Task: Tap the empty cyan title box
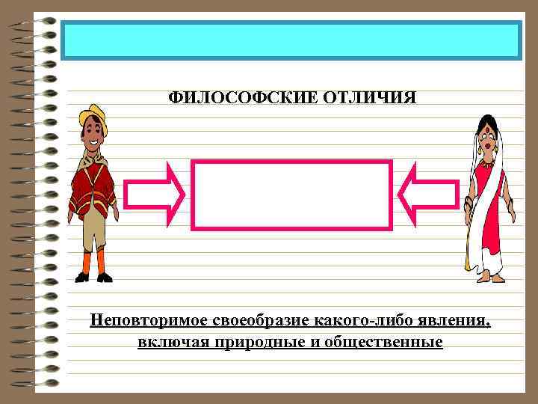pyautogui.click(x=291, y=40)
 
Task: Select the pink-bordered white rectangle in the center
pyautogui.click(x=291, y=195)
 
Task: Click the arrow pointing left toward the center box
pyautogui.click(x=429, y=195)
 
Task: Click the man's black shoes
pyautogui.click(x=93, y=278)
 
